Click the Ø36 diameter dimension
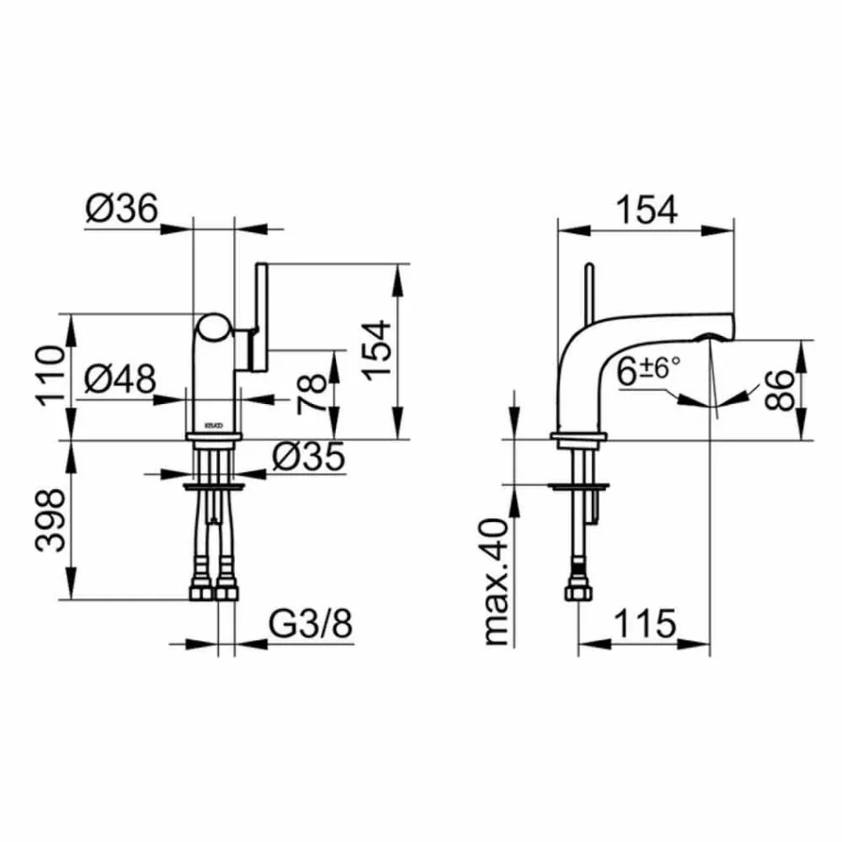121,209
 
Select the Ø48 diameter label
121,380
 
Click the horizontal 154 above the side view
646,209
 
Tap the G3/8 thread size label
310,626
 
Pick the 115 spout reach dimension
643,626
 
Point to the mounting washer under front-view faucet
214,486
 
